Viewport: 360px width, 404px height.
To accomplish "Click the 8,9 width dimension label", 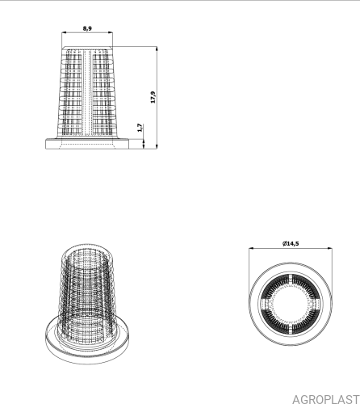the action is point(87,28).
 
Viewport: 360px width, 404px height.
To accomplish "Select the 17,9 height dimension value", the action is point(153,97).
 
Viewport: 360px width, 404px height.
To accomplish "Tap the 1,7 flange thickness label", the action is point(140,128).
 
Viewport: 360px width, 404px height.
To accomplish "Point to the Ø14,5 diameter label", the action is point(291,243).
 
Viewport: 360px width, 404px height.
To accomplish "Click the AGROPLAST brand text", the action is point(326,398).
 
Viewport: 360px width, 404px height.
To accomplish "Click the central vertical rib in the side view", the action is point(87,91).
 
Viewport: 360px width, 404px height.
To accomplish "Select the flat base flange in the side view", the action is point(87,144).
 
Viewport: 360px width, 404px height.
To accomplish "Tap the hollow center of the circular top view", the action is point(291,304).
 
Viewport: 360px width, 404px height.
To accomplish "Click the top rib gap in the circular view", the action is point(291,280).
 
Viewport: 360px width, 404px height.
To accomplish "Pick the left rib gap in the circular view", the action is point(266,304).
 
